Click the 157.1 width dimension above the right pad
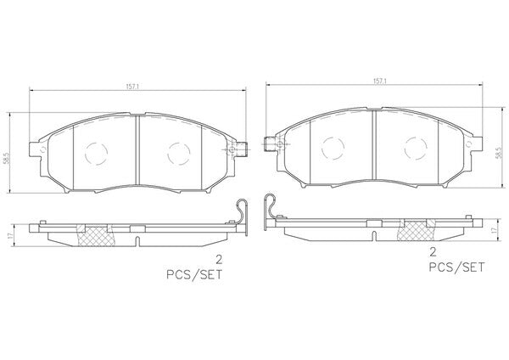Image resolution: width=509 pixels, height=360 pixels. [379, 82]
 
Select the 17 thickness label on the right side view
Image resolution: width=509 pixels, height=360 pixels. [494, 230]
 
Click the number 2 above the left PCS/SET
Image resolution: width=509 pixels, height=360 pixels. [219, 260]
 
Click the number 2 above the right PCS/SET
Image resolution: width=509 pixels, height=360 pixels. [433, 252]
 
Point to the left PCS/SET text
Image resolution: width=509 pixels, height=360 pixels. [194, 274]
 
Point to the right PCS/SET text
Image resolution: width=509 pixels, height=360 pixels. [456, 267]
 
